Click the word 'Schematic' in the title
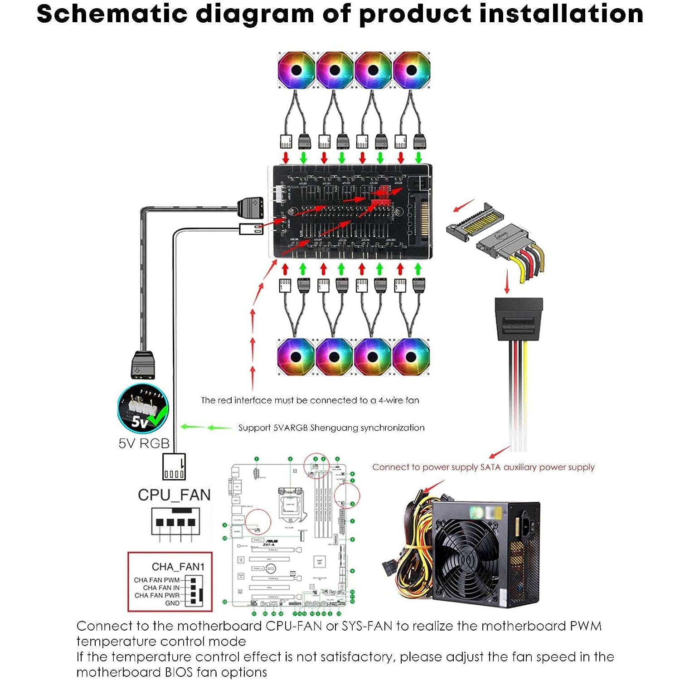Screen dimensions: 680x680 coord(112,14)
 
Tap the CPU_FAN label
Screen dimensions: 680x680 coord(174,495)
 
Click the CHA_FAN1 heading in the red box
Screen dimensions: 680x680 coord(178,567)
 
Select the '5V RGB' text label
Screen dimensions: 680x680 coord(144,443)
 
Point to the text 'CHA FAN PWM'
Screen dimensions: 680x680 coord(156,580)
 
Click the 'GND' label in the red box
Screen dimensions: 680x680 coord(172,603)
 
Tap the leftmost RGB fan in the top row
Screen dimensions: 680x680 coord(296,70)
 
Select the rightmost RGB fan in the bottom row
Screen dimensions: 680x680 coord(411,357)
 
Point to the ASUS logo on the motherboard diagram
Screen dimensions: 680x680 coord(272,542)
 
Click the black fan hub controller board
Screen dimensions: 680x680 coord(351,212)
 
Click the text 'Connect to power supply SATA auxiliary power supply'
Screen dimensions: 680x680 coord(483,467)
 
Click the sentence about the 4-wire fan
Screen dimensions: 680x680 coord(310,400)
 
